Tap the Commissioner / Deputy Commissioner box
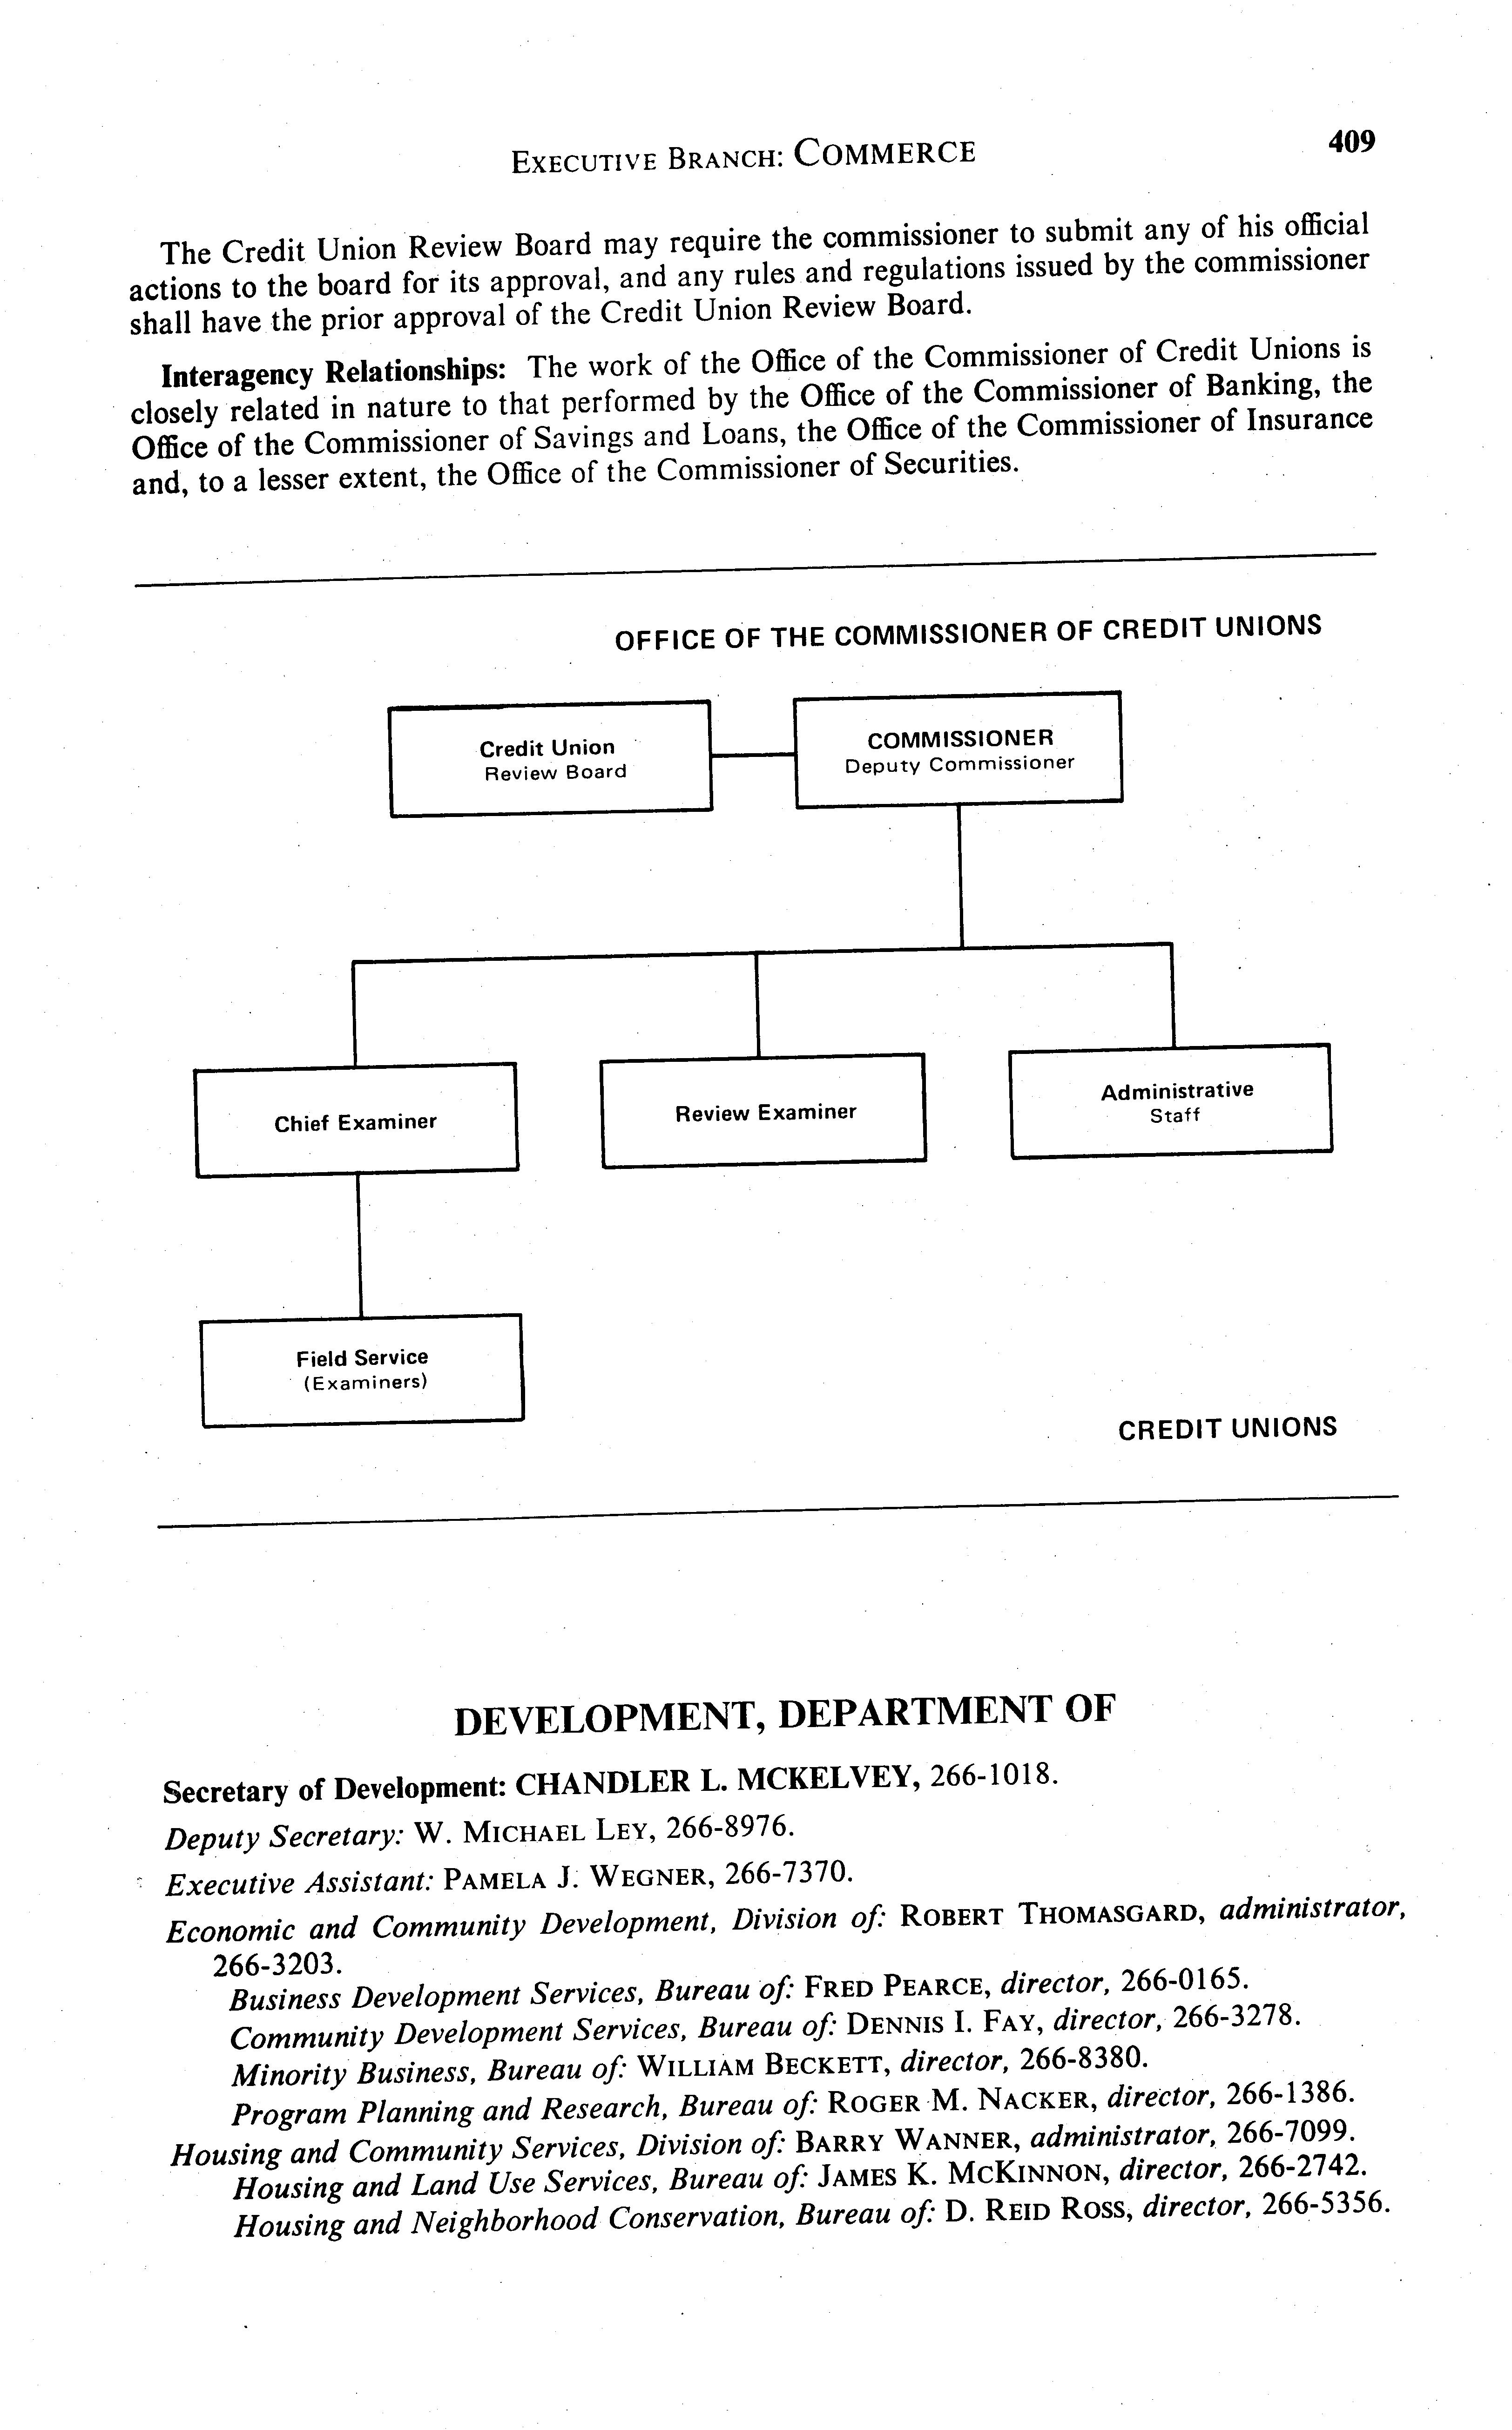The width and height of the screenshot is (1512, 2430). point(958,749)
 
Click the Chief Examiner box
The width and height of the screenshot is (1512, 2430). point(356,1121)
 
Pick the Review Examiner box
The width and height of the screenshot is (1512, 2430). point(764,1111)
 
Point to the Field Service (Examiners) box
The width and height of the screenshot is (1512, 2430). point(362,1369)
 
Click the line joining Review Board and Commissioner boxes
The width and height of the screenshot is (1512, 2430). point(752,755)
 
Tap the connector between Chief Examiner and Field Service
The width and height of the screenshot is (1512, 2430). point(359,1245)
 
